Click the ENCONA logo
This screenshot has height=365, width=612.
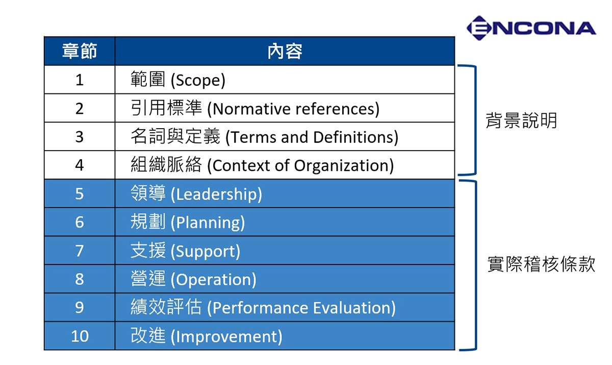click(531, 28)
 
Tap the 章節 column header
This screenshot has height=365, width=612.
click(80, 51)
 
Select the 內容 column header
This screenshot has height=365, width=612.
click(285, 51)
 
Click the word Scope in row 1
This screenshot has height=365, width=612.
click(198, 81)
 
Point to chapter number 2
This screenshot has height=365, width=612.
click(80, 109)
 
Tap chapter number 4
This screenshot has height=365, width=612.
click(80, 165)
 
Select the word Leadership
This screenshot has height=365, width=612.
click(217, 194)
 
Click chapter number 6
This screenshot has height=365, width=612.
click(80, 222)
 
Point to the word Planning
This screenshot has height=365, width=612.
click(208, 223)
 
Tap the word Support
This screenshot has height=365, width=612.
click(206, 252)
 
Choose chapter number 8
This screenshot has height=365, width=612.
click(80, 279)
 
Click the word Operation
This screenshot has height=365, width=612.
click(214, 280)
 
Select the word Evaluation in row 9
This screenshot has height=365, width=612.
click(352, 308)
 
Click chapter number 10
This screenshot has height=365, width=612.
click(80, 336)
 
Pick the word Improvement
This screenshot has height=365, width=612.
click(227, 336)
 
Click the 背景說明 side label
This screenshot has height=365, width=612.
click(521, 120)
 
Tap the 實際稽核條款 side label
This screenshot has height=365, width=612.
click(541, 264)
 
